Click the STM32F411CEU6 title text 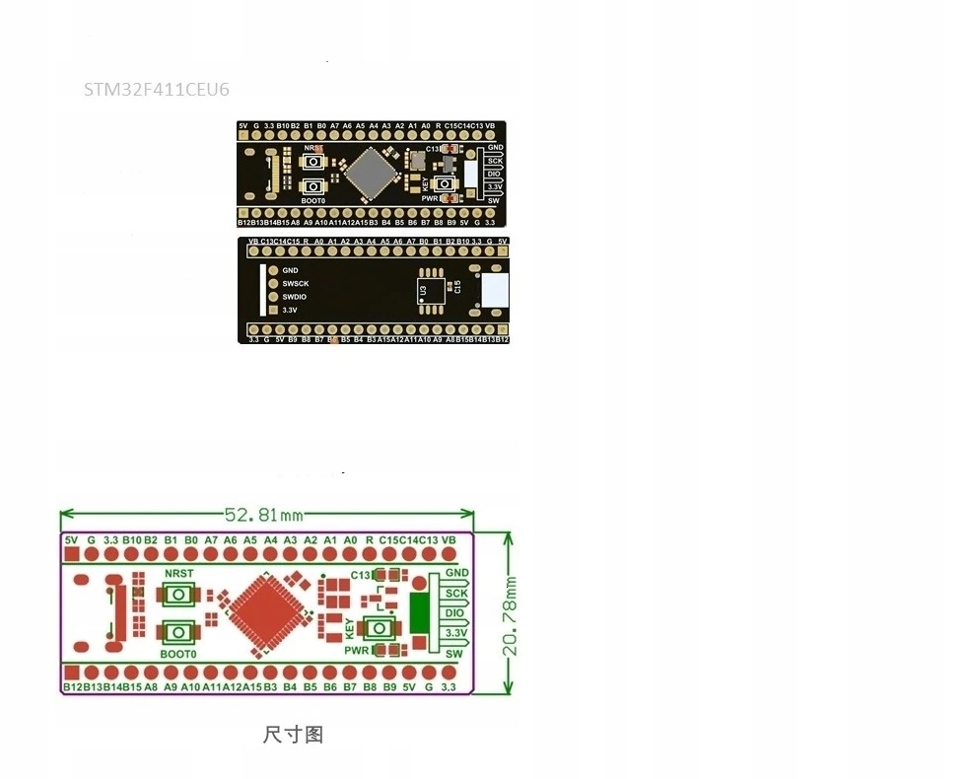(156, 90)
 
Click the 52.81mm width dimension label (263, 515)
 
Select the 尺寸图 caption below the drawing (293, 735)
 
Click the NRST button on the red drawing (178, 594)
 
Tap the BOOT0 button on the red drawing (178, 632)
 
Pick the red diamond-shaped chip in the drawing (264, 612)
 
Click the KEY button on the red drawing (380, 628)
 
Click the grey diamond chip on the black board (372, 173)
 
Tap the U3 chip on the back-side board (431, 290)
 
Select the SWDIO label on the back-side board (295, 297)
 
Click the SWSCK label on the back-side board (296, 284)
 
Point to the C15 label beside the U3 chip (457, 286)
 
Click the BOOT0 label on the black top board (313, 200)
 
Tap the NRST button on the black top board (314, 162)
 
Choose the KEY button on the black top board (445, 183)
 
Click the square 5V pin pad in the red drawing (71, 554)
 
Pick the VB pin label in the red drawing (449, 540)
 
